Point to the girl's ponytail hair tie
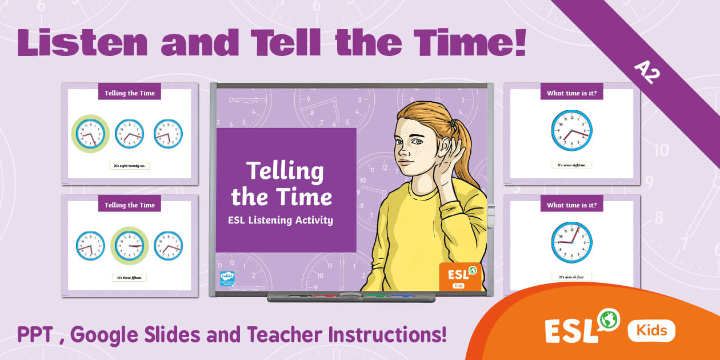(x=453, y=123)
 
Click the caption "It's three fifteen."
(x=129, y=278)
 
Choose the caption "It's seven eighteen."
(x=571, y=165)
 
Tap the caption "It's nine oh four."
(x=571, y=277)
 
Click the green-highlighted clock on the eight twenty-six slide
(x=90, y=134)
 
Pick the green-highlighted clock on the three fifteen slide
(x=129, y=246)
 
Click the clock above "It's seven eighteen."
(x=571, y=130)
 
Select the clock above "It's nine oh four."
(x=571, y=242)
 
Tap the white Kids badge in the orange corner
(x=651, y=330)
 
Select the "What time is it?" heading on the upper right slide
(x=571, y=93)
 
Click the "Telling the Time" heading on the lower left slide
(x=130, y=205)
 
